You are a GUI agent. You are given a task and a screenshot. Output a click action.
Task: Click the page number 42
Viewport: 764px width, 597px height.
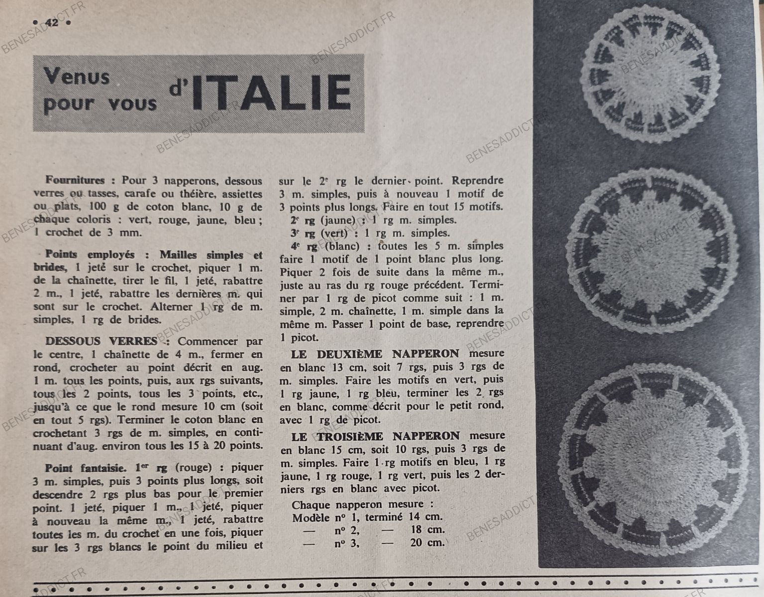tap(51, 22)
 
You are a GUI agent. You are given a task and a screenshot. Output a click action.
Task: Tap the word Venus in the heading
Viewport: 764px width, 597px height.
tap(77, 77)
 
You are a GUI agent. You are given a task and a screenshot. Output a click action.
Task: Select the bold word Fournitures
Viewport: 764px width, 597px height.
tap(75, 180)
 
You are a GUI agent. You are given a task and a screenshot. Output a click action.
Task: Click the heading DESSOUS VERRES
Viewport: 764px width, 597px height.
tap(101, 341)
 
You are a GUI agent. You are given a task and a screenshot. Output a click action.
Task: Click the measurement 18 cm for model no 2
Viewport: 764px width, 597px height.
tap(428, 530)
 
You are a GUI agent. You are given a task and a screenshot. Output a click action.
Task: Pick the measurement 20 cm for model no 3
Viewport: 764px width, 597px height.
tap(428, 543)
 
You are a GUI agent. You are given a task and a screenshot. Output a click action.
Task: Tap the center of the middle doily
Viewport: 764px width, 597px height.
tap(645, 251)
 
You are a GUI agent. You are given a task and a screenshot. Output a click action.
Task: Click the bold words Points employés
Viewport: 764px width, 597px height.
tap(90, 255)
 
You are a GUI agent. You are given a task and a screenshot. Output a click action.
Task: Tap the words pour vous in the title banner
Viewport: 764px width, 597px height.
tap(100, 104)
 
